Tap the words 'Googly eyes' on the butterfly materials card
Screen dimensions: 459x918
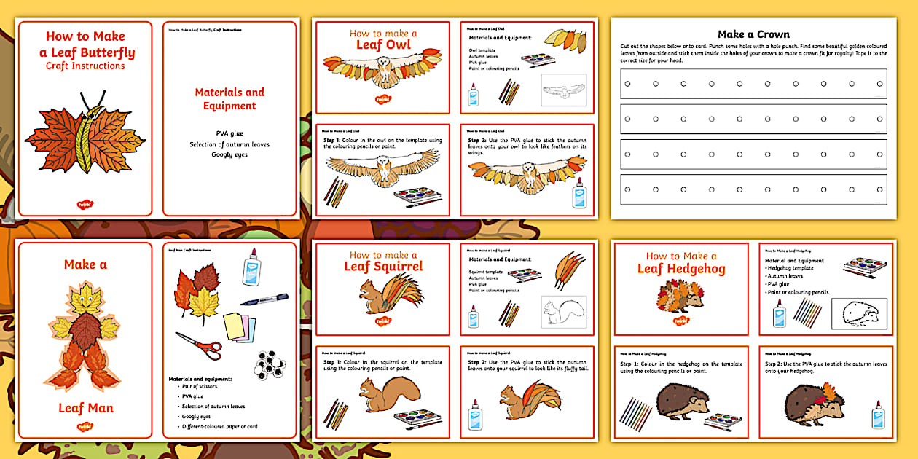[x=229, y=155]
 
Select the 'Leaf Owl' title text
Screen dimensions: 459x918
[x=383, y=45]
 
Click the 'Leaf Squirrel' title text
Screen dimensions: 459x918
[x=383, y=267]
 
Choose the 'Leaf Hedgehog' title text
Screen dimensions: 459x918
[x=681, y=269]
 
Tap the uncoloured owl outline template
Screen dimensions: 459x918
[x=563, y=92]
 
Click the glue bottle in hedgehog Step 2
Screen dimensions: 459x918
[x=877, y=414]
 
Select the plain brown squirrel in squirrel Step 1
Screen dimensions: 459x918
[x=388, y=398]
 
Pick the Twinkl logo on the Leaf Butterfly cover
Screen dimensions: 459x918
[x=85, y=205]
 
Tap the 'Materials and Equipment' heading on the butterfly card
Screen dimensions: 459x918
[x=229, y=99]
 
